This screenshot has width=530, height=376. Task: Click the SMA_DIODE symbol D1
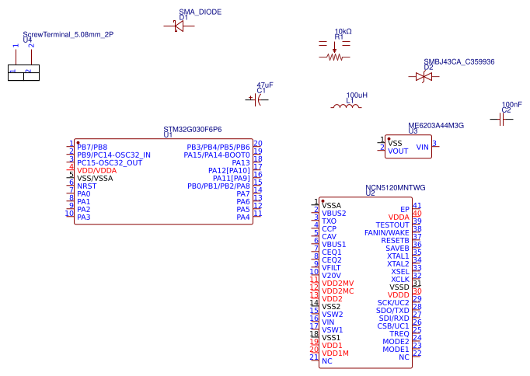pyautogui.click(x=179, y=26)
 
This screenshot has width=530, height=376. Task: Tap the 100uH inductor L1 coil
pyautogui.click(x=347, y=106)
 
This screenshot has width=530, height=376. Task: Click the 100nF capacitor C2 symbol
pyautogui.click(x=501, y=119)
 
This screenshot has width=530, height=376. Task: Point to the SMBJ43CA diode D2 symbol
pyautogui.click(x=424, y=77)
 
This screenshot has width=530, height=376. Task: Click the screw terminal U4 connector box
pyautogui.click(x=23, y=73)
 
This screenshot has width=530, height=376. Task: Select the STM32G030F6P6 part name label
pyautogui.click(x=192, y=129)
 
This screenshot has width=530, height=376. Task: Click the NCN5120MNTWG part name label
pyautogui.click(x=396, y=188)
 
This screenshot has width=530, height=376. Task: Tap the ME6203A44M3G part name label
pyautogui.click(x=435, y=126)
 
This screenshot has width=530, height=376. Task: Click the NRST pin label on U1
pyautogui.click(x=87, y=186)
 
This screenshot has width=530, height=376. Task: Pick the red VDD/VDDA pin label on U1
pyautogui.click(x=96, y=170)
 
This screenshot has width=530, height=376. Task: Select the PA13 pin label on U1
pyautogui.click(x=240, y=162)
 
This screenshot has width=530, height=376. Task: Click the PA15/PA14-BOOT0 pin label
pyautogui.click(x=217, y=155)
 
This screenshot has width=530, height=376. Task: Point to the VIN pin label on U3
pyautogui.click(x=423, y=147)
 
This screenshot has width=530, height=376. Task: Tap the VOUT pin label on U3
pyautogui.click(x=398, y=151)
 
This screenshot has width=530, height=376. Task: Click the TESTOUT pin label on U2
pyautogui.click(x=392, y=225)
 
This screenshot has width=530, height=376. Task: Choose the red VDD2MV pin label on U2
pyautogui.click(x=337, y=283)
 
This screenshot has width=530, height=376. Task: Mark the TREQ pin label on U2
pyautogui.click(x=399, y=333)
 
